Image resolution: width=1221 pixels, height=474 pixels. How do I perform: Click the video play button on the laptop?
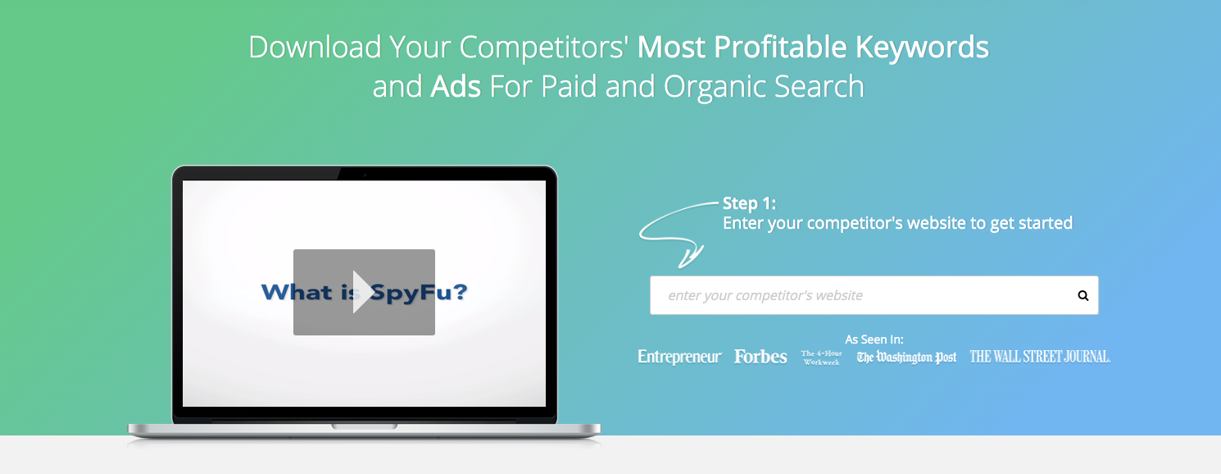(364, 293)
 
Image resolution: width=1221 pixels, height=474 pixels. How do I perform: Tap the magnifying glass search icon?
(1083, 296)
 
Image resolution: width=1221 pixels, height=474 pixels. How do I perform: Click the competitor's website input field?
(874, 295)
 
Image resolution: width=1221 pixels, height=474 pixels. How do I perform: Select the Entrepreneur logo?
(679, 357)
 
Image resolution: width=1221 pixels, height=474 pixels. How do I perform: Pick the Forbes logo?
(760, 357)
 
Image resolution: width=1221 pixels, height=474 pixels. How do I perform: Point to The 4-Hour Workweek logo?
(821, 358)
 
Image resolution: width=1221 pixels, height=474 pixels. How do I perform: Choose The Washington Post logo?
(906, 358)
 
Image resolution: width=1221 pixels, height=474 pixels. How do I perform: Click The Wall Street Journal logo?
(1039, 357)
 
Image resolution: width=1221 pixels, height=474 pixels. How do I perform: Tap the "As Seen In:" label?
(874, 340)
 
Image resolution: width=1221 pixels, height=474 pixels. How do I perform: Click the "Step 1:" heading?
(749, 203)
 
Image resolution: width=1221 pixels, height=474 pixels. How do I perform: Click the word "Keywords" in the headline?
(922, 47)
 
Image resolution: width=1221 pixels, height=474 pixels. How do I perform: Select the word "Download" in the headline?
(315, 47)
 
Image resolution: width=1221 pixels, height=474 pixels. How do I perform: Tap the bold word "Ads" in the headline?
(456, 87)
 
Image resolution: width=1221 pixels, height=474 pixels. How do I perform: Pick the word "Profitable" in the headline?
(780, 47)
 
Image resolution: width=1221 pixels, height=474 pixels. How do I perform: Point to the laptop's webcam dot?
(365, 175)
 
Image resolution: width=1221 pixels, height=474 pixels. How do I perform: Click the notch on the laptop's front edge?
(364, 426)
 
